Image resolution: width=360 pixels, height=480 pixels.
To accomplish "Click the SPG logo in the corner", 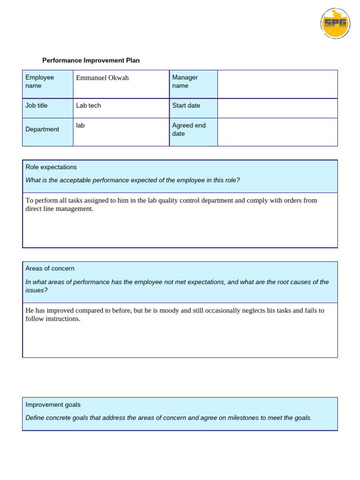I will [x=335, y=23].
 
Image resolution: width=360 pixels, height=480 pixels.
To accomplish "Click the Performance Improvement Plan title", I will [x=91, y=60].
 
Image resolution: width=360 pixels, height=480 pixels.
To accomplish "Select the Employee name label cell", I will [x=40, y=82].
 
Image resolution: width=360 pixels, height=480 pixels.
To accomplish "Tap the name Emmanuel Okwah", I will [x=102, y=78].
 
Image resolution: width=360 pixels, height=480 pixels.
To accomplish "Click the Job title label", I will [x=37, y=105].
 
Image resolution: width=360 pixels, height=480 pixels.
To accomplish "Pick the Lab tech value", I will [x=88, y=105].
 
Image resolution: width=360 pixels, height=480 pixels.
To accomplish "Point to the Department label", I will [x=42, y=129].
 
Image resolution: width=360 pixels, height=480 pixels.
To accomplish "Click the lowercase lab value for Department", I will [x=80, y=126].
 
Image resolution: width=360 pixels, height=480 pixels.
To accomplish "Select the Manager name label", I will [x=185, y=82].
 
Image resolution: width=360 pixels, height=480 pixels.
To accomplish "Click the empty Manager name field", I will [x=277, y=84].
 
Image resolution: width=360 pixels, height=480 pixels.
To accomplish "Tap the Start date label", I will [x=186, y=105].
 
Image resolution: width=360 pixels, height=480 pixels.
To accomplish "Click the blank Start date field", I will [x=277, y=108].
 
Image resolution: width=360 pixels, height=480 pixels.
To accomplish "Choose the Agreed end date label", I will [x=188, y=129].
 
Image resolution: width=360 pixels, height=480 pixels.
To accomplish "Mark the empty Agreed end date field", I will [x=277, y=132].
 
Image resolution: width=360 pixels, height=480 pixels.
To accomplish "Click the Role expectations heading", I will [x=51, y=167].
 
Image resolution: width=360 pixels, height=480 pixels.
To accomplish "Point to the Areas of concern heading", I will [x=50, y=269].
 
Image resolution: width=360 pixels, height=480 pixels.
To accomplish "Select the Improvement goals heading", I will [x=53, y=405].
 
